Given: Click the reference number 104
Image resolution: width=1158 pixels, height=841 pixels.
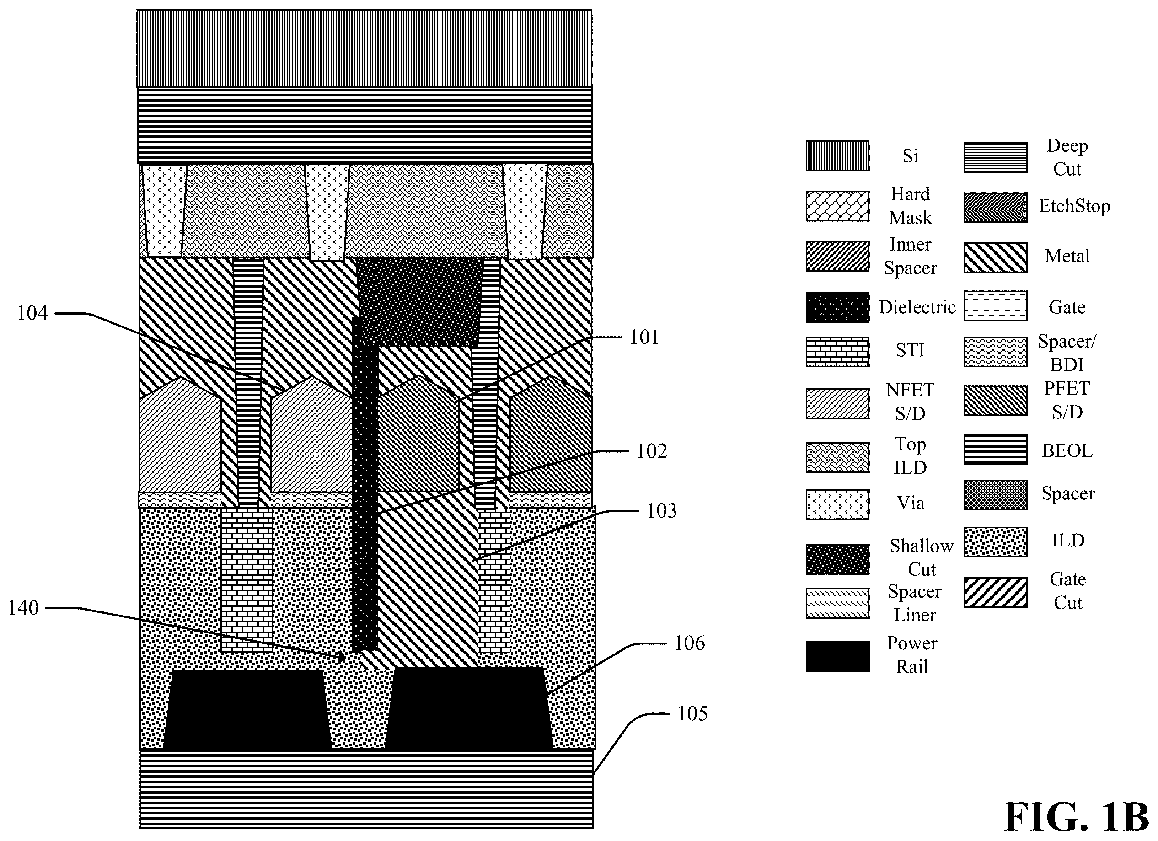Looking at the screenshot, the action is (x=32, y=313).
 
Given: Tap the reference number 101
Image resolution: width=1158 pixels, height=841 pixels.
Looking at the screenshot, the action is (x=644, y=337).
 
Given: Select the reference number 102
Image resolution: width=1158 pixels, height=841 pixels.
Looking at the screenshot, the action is (x=652, y=451).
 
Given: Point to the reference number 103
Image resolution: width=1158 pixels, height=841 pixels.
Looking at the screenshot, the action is (x=662, y=511).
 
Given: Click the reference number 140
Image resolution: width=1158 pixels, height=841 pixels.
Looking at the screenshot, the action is (x=23, y=608).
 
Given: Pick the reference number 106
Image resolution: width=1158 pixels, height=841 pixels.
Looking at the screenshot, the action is (x=689, y=643).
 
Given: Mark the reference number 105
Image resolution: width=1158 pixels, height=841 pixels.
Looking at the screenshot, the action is (x=692, y=714).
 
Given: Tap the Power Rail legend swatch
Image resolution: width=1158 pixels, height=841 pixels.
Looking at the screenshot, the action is (x=837, y=657).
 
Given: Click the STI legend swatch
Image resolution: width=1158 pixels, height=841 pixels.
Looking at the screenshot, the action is (x=837, y=352).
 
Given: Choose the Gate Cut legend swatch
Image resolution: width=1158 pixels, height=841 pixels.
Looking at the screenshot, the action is (x=996, y=593).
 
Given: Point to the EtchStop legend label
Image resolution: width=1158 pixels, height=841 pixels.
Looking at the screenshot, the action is (x=1074, y=206).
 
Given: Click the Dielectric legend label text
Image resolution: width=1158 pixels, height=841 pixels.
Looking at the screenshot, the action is (x=917, y=307).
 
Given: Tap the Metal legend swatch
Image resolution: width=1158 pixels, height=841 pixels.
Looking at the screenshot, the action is (x=996, y=257).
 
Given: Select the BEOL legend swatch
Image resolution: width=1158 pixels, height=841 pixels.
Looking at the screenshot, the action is (x=996, y=450).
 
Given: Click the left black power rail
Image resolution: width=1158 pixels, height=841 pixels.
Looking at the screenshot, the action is (x=247, y=710).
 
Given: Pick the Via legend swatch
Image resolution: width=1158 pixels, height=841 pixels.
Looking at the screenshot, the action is (x=837, y=504).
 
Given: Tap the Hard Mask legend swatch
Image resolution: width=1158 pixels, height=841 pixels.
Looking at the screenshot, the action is (x=837, y=206).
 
